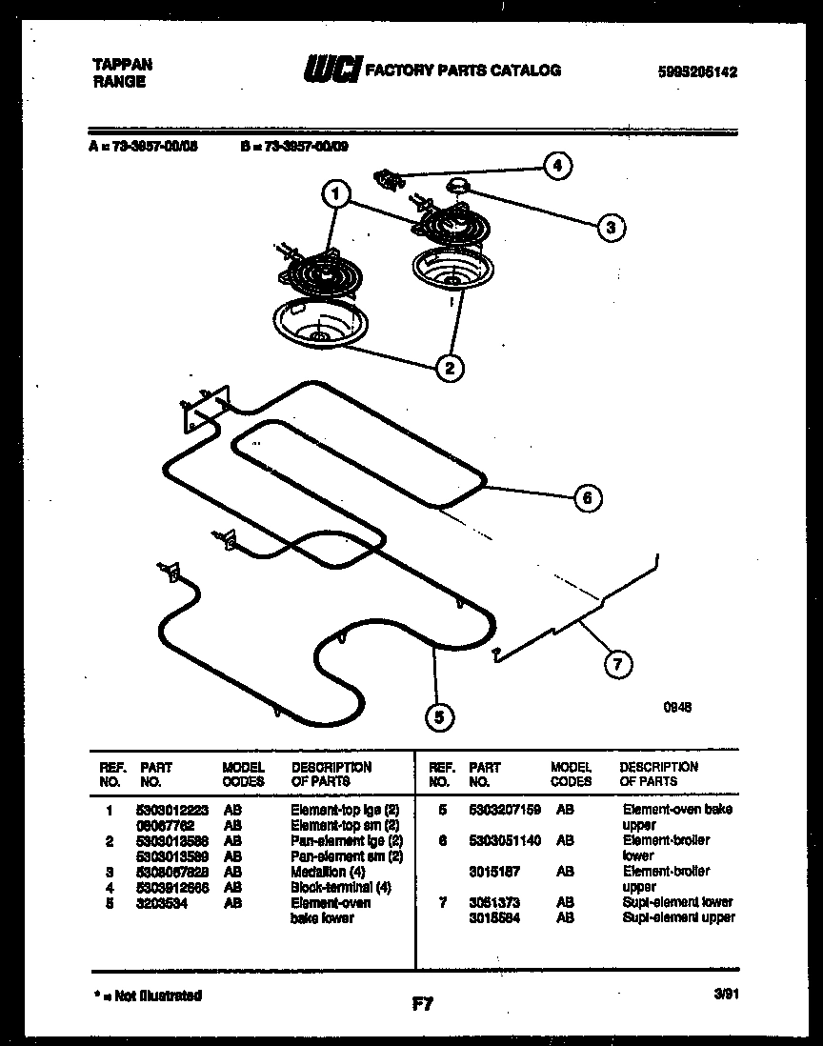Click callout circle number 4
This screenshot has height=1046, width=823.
pos(557,165)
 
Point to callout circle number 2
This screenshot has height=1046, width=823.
pos(449,367)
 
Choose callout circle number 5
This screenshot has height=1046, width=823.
pos(438,719)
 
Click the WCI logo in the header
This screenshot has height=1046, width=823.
pos(332,69)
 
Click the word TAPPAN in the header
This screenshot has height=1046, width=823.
pos(121,65)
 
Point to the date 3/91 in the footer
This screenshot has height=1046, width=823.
pos(727,994)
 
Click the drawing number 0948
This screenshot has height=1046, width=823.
pos(677,708)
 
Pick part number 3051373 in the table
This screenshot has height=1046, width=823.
pos(494,902)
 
